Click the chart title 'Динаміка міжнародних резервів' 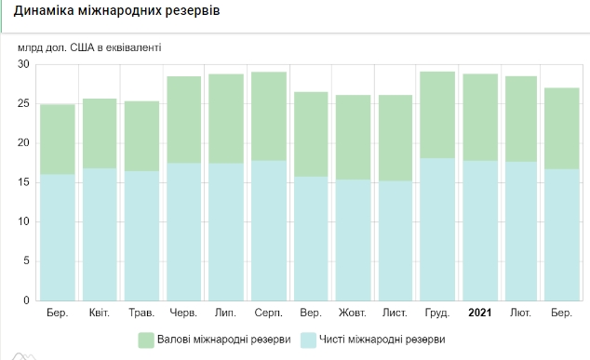point(117,12)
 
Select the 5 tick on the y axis point(26,261)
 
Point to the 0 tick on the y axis point(26,301)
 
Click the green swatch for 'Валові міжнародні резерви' point(146,339)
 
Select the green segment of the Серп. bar point(269,116)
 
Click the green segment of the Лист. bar point(395,138)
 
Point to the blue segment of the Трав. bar point(142,236)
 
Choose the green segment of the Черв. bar point(184,119)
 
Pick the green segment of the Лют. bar point(521,118)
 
